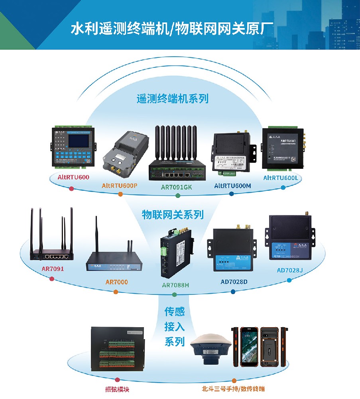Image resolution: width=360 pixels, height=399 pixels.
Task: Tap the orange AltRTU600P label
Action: coord(120,185)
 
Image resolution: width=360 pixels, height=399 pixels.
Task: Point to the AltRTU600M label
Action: coord(232,186)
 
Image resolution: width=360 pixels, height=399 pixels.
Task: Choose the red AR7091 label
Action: coord(53,269)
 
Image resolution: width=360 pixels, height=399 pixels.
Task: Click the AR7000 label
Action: coord(116,282)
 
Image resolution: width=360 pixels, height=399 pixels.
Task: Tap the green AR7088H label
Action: coord(175,285)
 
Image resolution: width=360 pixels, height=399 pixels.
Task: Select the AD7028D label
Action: coord(234,282)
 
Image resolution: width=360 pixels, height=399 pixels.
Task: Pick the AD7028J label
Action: coord(290,270)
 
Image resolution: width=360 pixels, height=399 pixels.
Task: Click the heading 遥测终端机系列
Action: coord(173,99)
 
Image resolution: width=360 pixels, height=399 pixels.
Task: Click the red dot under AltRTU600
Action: coord(71,188)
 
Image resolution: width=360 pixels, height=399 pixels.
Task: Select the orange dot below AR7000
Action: coord(116,292)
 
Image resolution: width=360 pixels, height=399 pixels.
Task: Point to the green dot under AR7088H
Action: coord(174,294)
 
